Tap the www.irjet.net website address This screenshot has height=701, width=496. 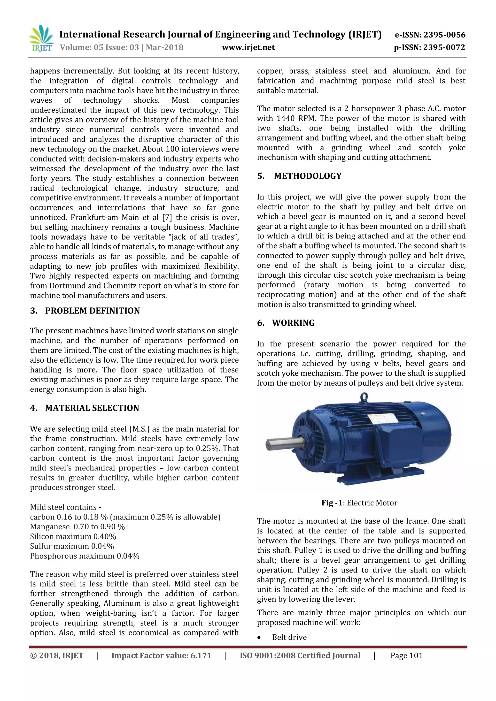(x=248, y=47)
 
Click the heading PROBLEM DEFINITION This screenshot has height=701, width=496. (x=92, y=311)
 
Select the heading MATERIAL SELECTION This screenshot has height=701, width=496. (x=92, y=408)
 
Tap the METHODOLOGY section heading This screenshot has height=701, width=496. (x=308, y=176)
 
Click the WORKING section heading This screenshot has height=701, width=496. (x=293, y=323)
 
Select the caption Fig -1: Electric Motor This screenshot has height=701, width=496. (x=359, y=503)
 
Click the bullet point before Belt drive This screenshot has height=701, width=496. (x=259, y=638)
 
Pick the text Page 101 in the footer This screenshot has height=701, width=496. (x=406, y=655)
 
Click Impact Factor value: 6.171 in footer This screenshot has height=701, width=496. (x=161, y=655)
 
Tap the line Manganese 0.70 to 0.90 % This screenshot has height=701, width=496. (x=77, y=527)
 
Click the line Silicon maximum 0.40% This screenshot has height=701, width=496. (x=73, y=536)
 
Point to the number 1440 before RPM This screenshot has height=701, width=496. (x=287, y=118)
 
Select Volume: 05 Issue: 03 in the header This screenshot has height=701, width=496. (x=99, y=47)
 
